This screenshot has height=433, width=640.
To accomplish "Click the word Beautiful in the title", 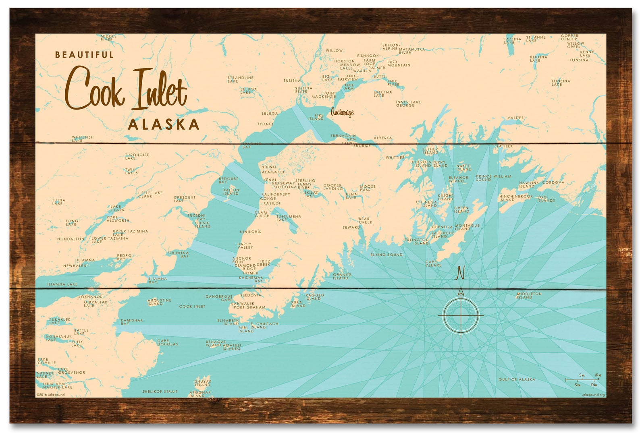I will click(85, 55).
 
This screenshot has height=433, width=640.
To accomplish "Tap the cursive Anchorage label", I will click(342, 112).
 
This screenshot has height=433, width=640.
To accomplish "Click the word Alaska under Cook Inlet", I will click(164, 124).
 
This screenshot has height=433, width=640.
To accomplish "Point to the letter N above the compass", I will click(460, 273).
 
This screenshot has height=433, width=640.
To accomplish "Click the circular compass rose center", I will click(461, 315).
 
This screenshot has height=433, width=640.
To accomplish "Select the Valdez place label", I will click(515, 118).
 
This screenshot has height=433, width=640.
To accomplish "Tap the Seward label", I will click(351, 228).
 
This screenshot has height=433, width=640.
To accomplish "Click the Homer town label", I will click(250, 273).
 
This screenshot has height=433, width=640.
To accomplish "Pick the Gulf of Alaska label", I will click(517, 379).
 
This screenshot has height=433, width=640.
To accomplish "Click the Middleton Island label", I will click(529, 296).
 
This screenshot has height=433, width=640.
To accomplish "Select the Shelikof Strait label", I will click(160, 392).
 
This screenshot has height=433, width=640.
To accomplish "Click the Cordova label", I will click(553, 182).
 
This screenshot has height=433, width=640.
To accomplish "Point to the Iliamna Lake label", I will click(62, 284).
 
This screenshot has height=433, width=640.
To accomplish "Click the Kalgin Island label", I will click(231, 192).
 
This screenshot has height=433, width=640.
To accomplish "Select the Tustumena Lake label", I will click(289, 218).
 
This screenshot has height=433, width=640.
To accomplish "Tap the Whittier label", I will click(395, 157).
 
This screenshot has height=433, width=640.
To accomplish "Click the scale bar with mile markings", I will click(582, 379).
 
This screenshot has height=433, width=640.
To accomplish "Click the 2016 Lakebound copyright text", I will click(50, 395).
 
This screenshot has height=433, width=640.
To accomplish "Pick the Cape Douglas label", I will click(167, 342).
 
